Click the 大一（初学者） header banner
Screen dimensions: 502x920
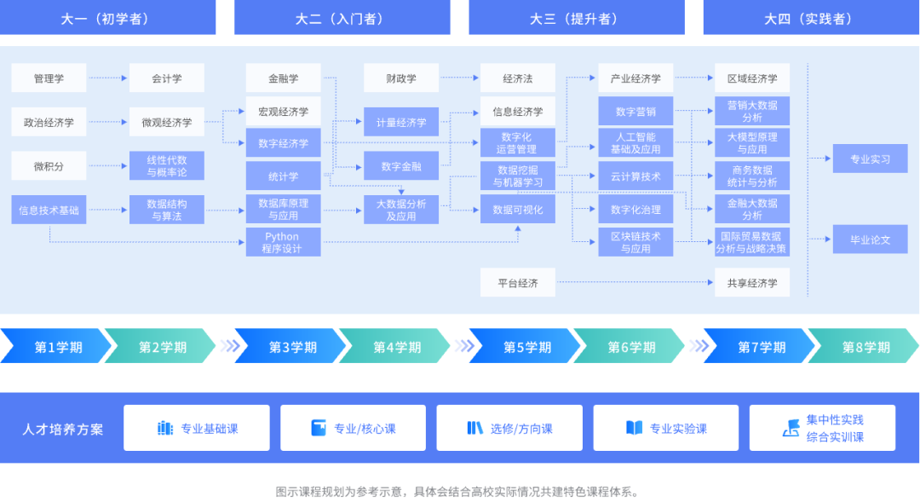tap(108, 18)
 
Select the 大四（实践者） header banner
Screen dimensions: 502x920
tap(810, 18)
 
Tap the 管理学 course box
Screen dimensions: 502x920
tap(49, 78)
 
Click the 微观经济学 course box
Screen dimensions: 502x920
tap(167, 122)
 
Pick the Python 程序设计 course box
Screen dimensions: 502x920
tap(283, 243)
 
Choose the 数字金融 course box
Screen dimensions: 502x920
tap(401, 166)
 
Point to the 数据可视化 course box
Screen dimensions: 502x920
tap(517, 210)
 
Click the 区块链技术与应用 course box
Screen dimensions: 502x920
tap(635, 243)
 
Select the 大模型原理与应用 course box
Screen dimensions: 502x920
tap(752, 143)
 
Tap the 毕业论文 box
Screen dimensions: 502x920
tap(870, 239)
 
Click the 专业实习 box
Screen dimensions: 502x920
tap(870, 159)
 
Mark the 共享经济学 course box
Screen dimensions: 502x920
tap(752, 283)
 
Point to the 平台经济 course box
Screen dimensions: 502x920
tap(517, 283)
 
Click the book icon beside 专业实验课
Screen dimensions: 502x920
tap(634, 428)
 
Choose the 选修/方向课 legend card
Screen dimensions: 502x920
tap(509, 428)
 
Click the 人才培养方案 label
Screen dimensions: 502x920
tap(63, 429)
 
